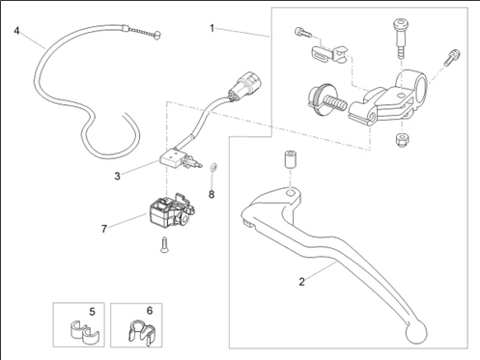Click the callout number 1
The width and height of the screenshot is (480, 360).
point(212,28)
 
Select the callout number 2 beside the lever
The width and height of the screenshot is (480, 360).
point(301,282)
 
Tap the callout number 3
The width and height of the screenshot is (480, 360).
point(117,176)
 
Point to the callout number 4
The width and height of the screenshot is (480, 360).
point(16,31)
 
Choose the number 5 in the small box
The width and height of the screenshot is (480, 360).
point(92,312)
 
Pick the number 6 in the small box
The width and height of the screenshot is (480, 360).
point(150,311)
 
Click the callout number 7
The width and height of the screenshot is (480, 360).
point(104,229)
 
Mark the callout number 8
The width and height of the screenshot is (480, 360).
point(212,194)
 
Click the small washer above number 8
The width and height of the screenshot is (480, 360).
point(212,166)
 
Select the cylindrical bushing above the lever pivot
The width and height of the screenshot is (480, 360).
point(291,159)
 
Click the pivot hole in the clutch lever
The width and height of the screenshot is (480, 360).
point(291,194)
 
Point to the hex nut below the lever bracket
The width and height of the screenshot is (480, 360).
point(402,139)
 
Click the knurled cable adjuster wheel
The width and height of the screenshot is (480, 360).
point(316,97)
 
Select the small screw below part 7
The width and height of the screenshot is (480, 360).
point(164,245)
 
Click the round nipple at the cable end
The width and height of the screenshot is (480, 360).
point(157,35)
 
